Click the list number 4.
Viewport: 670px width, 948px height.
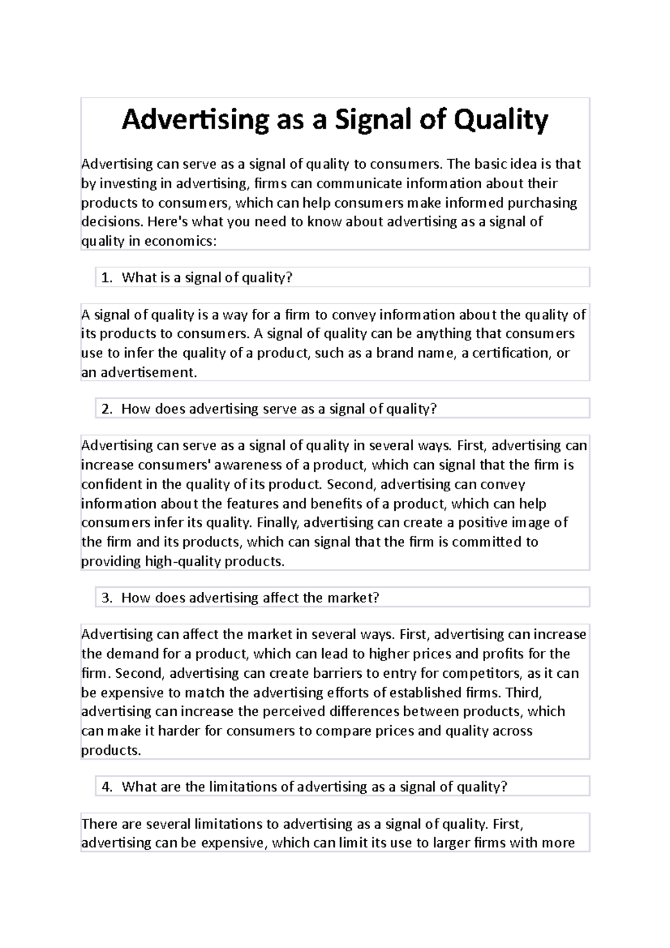[x=107, y=787]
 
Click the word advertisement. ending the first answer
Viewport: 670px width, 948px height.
[x=149, y=372]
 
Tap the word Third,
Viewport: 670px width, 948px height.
[x=523, y=693]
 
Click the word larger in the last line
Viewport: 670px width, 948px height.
[x=451, y=843]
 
